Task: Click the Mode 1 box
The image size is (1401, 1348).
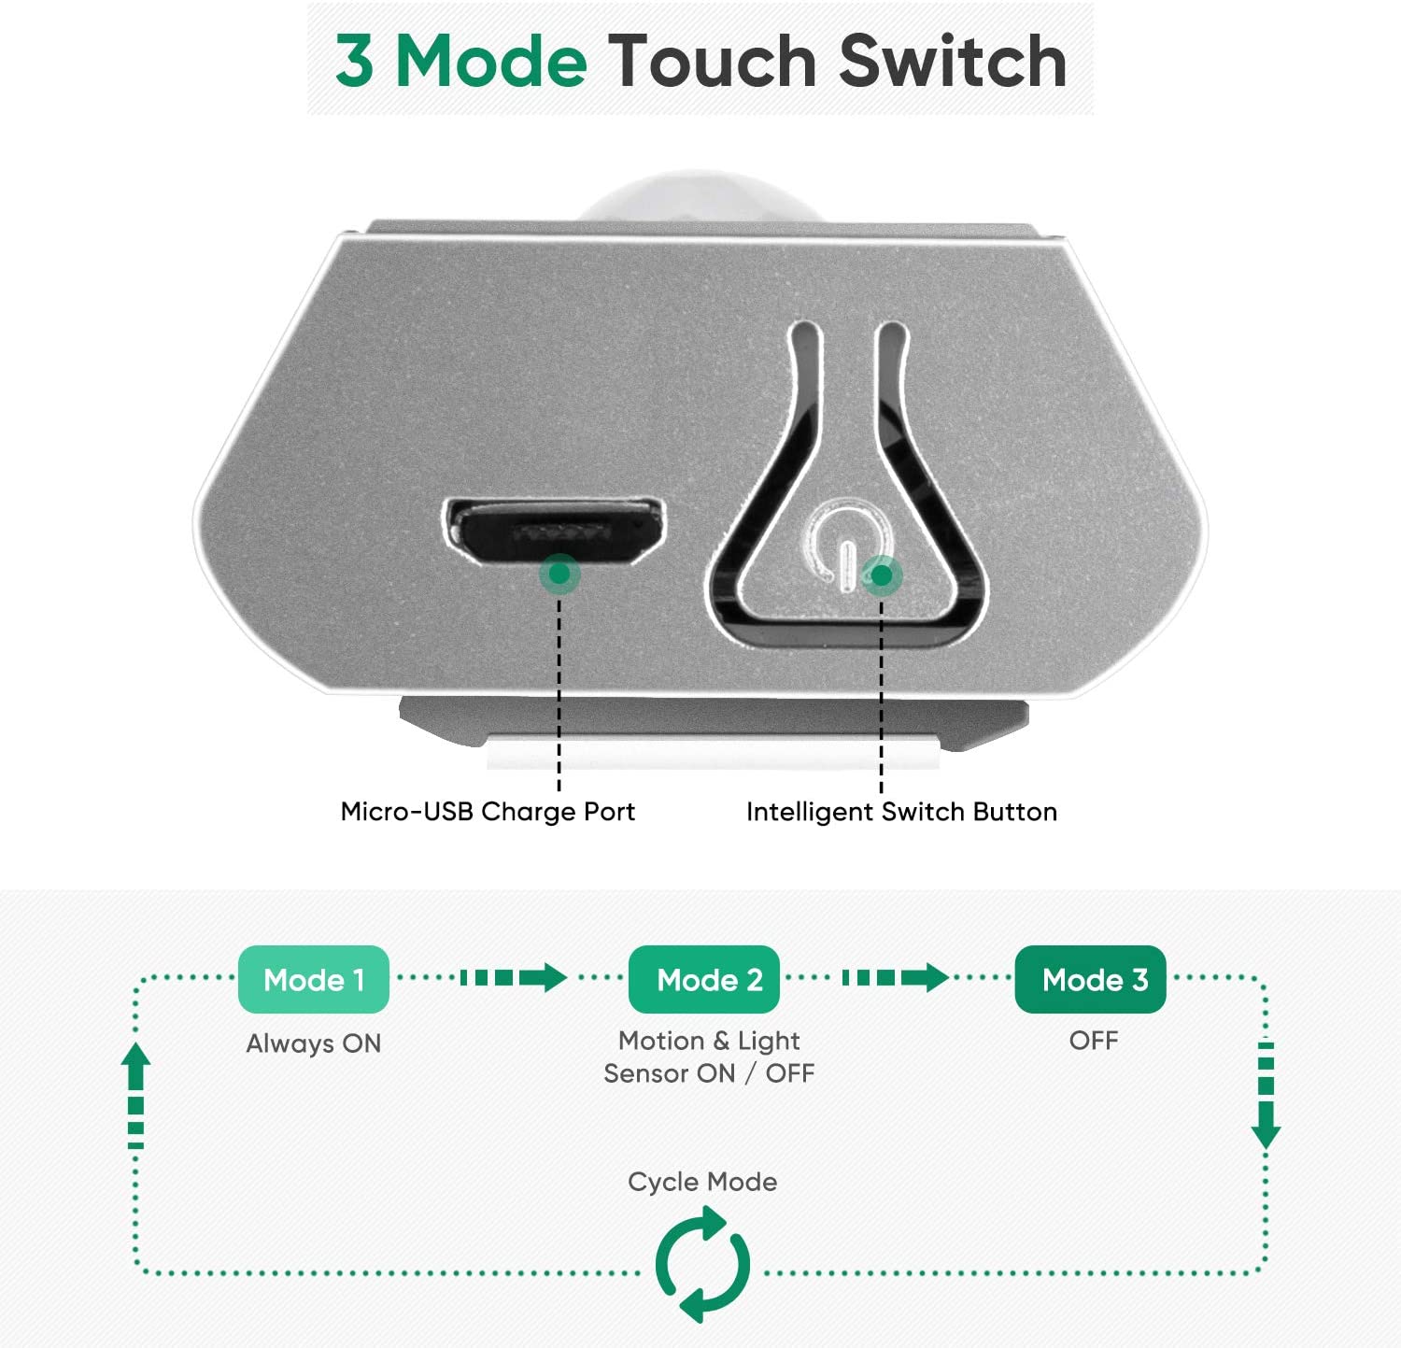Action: click(x=314, y=979)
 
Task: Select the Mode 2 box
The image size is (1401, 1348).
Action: click(x=704, y=979)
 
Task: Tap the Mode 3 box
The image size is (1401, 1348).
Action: click(x=1091, y=979)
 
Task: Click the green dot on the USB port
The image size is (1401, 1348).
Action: click(x=559, y=573)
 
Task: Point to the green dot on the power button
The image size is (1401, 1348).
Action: click(x=881, y=575)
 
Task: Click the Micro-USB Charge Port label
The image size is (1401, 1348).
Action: click(x=488, y=811)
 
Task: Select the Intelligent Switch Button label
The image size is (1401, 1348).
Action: click(x=901, y=811)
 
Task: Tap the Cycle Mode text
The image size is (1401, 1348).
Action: click(x=702, y=1182)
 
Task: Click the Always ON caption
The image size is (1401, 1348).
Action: click(x=314, y=1043)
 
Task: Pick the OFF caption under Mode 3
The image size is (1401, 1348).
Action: click(x=1094, y=1041)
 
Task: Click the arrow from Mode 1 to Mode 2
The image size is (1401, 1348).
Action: click(x=513, y=978)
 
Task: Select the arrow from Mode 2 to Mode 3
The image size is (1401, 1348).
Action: click(x=895, y=978)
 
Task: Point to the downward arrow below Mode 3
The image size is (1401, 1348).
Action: click(x=1266, y=1095)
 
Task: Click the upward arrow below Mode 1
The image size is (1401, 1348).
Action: click(x=136, y=1095)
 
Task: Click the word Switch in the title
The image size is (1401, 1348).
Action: click(x=953, y=62)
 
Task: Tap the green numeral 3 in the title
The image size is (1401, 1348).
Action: click(x=355, y=62)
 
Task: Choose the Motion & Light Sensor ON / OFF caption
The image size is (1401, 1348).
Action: click(x=709, y=1057)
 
